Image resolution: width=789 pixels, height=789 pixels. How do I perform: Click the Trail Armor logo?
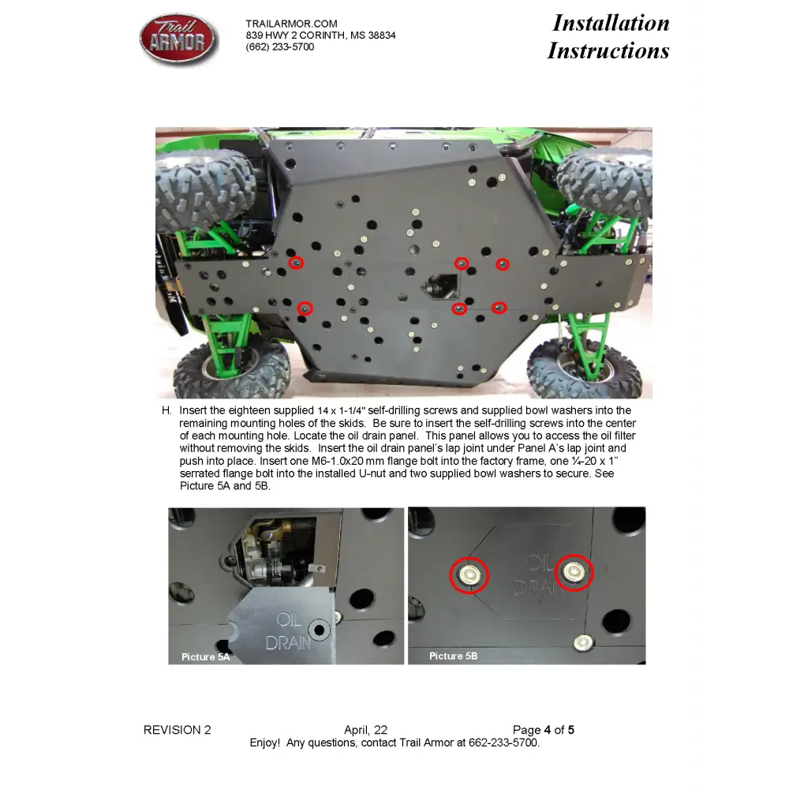(x=178, y=38)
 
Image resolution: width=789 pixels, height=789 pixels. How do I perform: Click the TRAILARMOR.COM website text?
(x=291, y=24)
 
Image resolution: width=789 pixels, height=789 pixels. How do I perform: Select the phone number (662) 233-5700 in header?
(x=279, y=47)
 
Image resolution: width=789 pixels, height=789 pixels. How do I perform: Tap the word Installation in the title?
(x=611, y=23)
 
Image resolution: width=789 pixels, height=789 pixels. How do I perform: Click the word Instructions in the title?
(x=608, y=50)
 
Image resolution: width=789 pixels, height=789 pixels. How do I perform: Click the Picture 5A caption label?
(x=206, y=656)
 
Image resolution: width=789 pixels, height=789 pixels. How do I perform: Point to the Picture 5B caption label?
(x=453, y=656)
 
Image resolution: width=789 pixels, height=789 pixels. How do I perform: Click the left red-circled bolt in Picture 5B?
(x=469, y=574)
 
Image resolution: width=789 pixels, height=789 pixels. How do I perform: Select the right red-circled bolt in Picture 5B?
(x=574, y=571)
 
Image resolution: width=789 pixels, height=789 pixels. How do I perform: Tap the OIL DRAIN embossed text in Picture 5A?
(x=288, y=630)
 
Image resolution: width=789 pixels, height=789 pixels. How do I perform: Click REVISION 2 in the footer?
(x=177, y=730)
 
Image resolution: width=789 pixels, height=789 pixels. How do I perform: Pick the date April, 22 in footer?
(x=365, y=730)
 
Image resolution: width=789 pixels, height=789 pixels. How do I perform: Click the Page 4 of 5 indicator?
(x=543, y=730)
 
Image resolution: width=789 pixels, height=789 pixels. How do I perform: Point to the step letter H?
(x=166, y=411)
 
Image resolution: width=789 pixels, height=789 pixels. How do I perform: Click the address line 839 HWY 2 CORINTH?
(x=320, y=36)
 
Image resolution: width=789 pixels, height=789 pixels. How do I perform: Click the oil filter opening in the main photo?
(x=440, y=286)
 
